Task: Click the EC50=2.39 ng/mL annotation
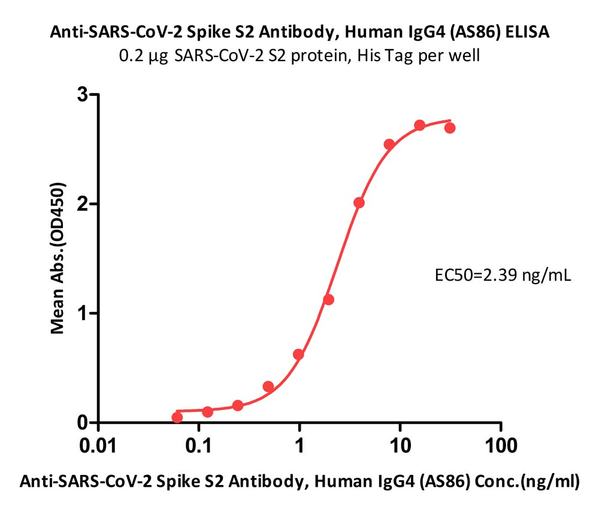click(x=503, y=275)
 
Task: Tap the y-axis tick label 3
click(x=83, y=94)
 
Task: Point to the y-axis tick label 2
click(x=83, y=204)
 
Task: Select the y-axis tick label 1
click(x=83, y=314)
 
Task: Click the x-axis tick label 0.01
click(x=98, y=446)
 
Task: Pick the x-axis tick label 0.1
click(x=199, y=446)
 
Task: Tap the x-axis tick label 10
click(x=400, y=446)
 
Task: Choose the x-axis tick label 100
click(x=501, y=446)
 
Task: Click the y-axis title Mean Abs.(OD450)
click(x=58, y=258)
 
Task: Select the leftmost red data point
click(x=177, y=417)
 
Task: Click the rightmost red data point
click(x=450, y=128)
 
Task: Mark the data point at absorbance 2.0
click(x=359, y=203)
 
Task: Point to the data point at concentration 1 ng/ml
click(x=298, y=354)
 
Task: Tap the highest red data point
click(x=420, y=125)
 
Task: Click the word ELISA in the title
click(x=528, y=32)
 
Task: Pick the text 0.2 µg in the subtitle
click(x=144, y=56)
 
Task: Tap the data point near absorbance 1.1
click(x=328, y=300)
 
